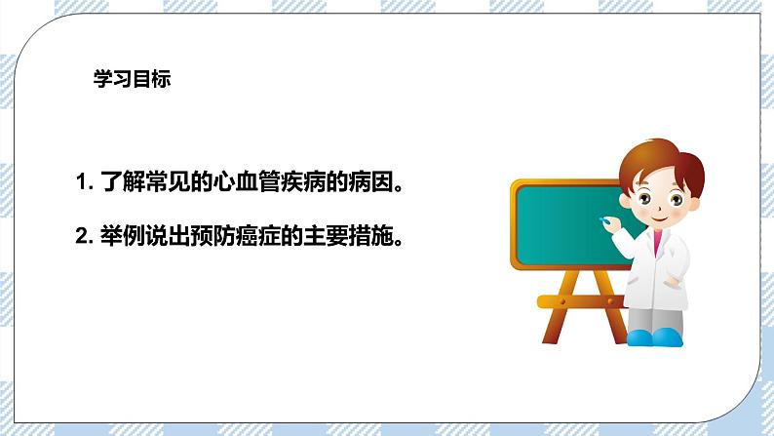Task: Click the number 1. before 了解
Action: [x=83, y=182]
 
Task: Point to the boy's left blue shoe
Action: [x=639, y=337]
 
